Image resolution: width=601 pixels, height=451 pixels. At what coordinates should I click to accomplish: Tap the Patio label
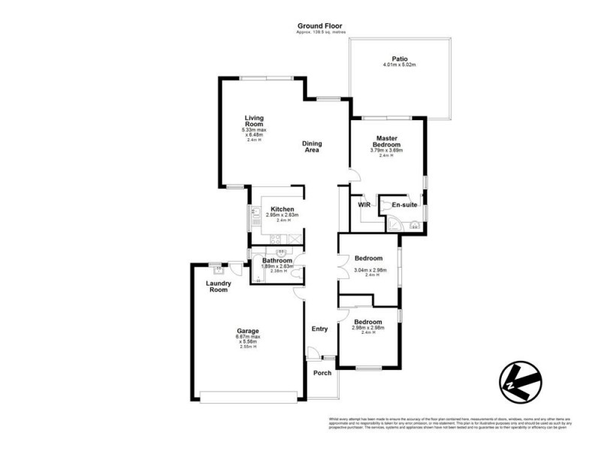pyautogui.click(x=399, y=59)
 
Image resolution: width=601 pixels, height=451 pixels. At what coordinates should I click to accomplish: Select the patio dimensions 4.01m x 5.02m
pyautogui.click(x=399, y=65)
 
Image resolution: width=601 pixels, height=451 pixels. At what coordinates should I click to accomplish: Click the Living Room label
pyautogui.click(x=257, y=121)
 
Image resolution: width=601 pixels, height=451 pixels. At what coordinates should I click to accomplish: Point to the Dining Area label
pyautogui.click(x=312, y=147)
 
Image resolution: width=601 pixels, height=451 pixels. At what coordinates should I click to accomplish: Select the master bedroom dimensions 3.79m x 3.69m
pyautogui.click(x=387, y=150)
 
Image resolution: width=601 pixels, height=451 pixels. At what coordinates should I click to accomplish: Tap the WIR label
pyautogui.click(x=364, y=204)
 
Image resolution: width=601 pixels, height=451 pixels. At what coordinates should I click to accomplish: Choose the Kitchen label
pyautogui.click(x=282, y=209)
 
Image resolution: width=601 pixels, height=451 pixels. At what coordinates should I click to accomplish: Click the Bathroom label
pyautogui.click(x=277, y=260)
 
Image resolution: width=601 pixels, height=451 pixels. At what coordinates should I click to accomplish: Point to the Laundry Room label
pyautogui.click(x=218, y=286)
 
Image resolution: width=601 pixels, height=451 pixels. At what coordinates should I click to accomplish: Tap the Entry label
pyautogui.click(x=320, y=328)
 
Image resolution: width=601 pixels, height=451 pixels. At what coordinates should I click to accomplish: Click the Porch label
pyautogui.click(x=322, y=373)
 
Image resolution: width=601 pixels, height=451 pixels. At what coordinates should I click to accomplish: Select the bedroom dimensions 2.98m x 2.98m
pyautogui.click(x=369, y=328)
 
